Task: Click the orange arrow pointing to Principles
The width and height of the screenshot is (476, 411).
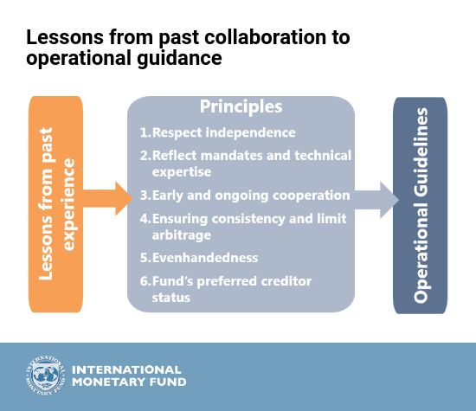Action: pyautogui.click(x=108, y=199)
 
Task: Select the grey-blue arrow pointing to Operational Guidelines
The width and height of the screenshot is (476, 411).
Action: pyautogui.click(x=376, y=200)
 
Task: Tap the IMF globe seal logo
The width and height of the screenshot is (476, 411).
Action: pyautogui.click(x=45, y=376)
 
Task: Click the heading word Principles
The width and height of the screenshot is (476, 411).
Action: pyautogui.click(x=241, y=106)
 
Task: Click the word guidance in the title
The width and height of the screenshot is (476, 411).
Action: pyautogui.click(x=179, y=58)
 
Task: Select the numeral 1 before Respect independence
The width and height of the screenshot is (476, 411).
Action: pyautogui.click(x=144, y=132)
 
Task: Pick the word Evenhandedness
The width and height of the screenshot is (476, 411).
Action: pyautogui.click(x=205, y=258)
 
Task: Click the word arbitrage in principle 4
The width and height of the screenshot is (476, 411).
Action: pyautogui.click(x=182, y=235)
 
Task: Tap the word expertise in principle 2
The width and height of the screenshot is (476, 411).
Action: pyautogui.click(x=182, y=172)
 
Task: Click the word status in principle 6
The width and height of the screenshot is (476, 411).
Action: pyautogui.click(x=170, y=297)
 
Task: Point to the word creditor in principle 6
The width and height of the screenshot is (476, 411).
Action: pyautogui.click(x=286, y=281)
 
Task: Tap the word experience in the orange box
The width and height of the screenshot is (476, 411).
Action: pyautogui.click(x=68, y=204)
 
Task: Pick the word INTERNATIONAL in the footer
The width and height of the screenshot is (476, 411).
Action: pyautogui.click(x=126, y=369)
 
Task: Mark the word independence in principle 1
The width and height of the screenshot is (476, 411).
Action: pyautogui.click(x=250, y=132)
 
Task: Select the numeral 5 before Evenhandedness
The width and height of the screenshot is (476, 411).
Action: pyautogui.click(x=144, y=258)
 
